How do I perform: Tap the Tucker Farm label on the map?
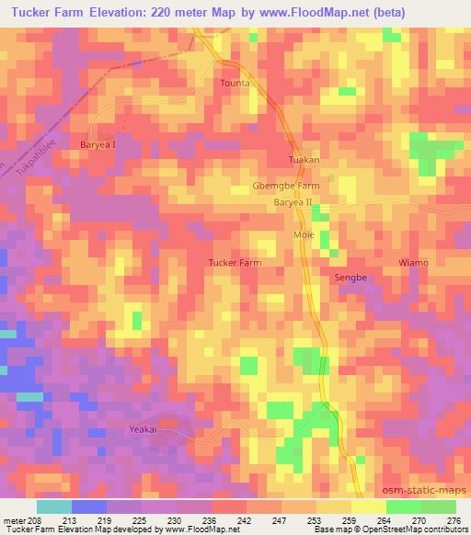pyautogui.click(x=236, y=262)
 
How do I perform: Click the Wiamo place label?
pyautogui.click(x=413, y=263)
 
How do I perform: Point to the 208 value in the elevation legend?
pyautogui.click(x=35, y=521)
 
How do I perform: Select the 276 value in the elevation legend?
pyautogui.click(x=455, y=521)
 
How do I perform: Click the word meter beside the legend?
pyautogui.click(x=13, y=521)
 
